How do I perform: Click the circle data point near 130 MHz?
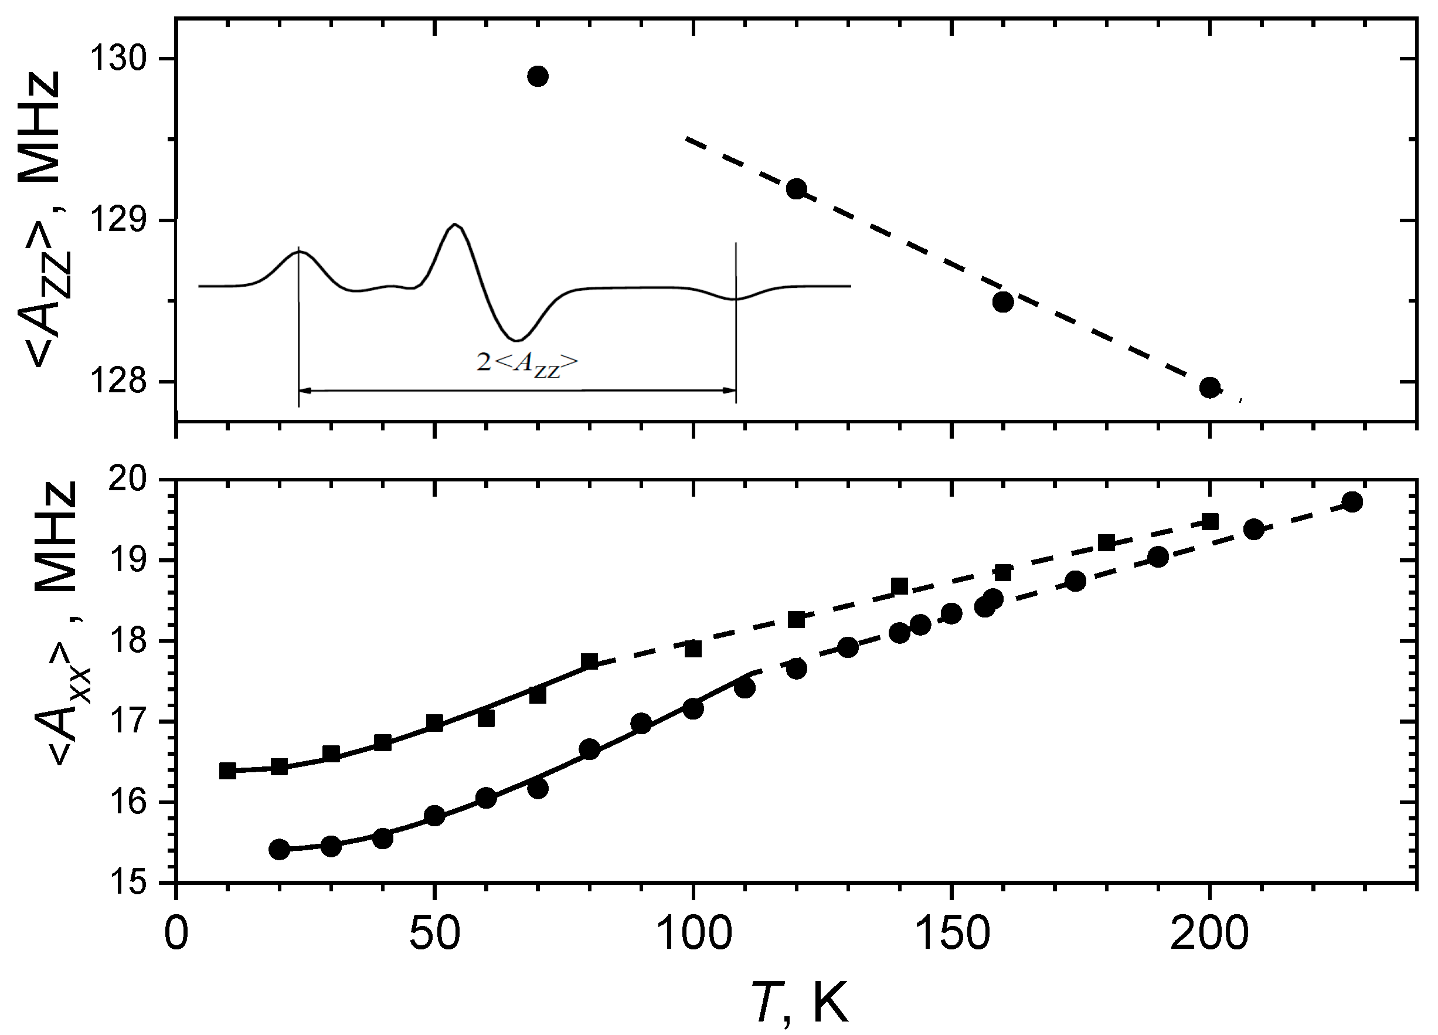click(538, 76)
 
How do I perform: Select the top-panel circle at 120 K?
click(796, 189)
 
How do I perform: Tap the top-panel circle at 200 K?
click(1210, 388)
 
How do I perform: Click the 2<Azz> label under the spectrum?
click(528, 364)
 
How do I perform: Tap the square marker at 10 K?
click(227, 771)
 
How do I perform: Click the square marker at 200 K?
click(1210, 522)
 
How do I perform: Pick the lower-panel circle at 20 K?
click(280, 849)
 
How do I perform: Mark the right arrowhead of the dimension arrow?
click(730, 391)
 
